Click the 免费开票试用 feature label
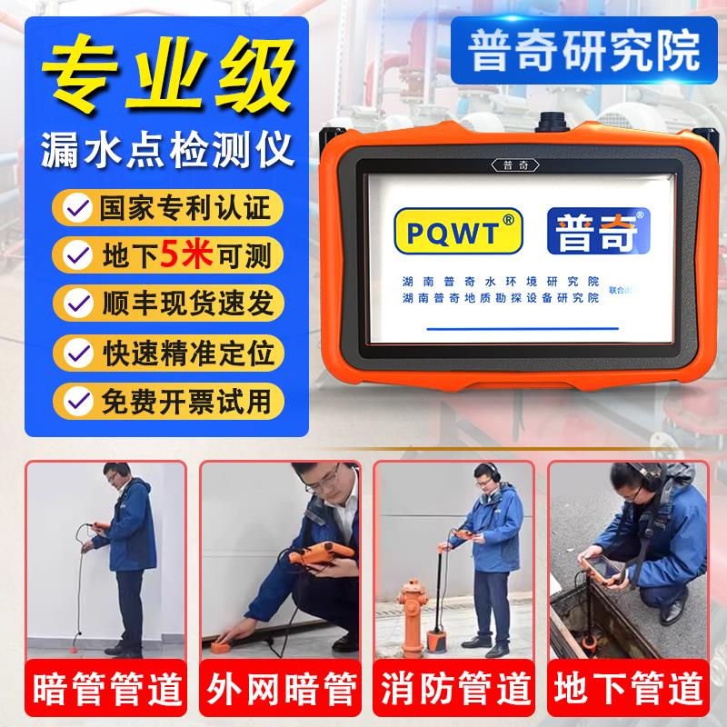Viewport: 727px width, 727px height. [x=181, y=399]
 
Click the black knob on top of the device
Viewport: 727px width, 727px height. [x=553, y=121]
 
